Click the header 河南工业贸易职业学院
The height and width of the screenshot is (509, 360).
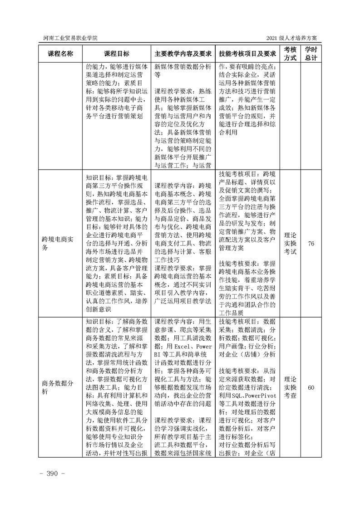[x=69, y=38]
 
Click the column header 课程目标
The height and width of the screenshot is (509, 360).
[x=116, y=53]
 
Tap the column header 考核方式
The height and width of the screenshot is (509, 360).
[x=290, y=53]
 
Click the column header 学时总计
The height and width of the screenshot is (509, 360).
[x=311, y=53]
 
